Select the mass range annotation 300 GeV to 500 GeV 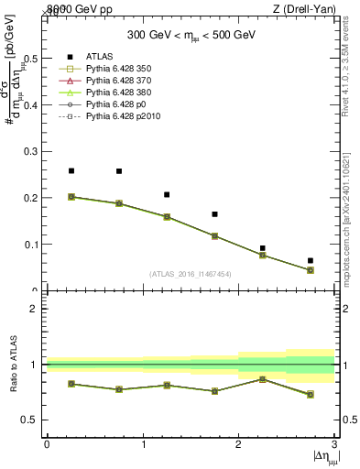191,35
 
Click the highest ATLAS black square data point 71,170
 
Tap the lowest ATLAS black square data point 311,261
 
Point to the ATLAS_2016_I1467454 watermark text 190,273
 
